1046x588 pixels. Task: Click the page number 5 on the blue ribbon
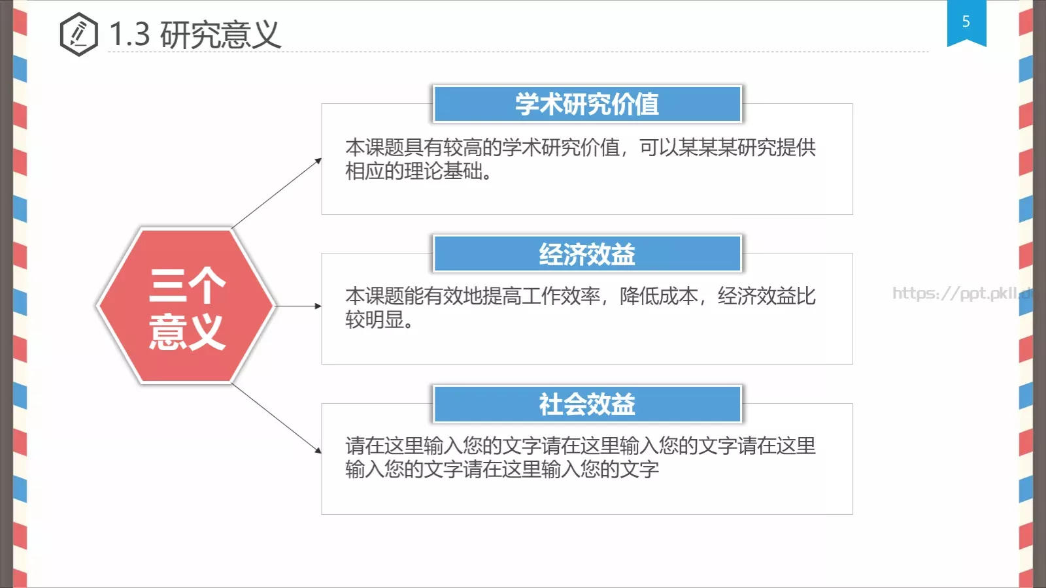pos(966,22)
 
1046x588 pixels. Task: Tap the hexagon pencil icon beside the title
pos(78,34)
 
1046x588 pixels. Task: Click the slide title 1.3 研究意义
pos(195,34)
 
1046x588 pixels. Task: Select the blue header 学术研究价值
pos(586,104)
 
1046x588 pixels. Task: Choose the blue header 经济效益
pos(586,253)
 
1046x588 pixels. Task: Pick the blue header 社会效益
pos(586,404)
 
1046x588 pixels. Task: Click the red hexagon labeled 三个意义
pos(186,306)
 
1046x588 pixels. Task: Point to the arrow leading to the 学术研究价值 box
pos(277,193)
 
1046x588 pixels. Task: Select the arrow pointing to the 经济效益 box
pos(298,306)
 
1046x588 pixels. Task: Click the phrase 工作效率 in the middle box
pos(561,296)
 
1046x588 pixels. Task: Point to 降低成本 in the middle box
pos(658,296)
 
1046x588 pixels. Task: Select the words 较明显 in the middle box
pos(375,319)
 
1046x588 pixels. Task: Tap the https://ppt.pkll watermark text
pos(961,293)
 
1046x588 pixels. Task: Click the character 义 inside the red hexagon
pos(206,331)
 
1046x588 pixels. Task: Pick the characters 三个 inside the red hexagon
pos(187,285)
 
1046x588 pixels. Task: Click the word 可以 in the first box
pos(658,147)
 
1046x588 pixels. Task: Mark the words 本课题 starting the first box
pos(375,147)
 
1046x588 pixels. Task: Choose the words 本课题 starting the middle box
pos(375,296)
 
